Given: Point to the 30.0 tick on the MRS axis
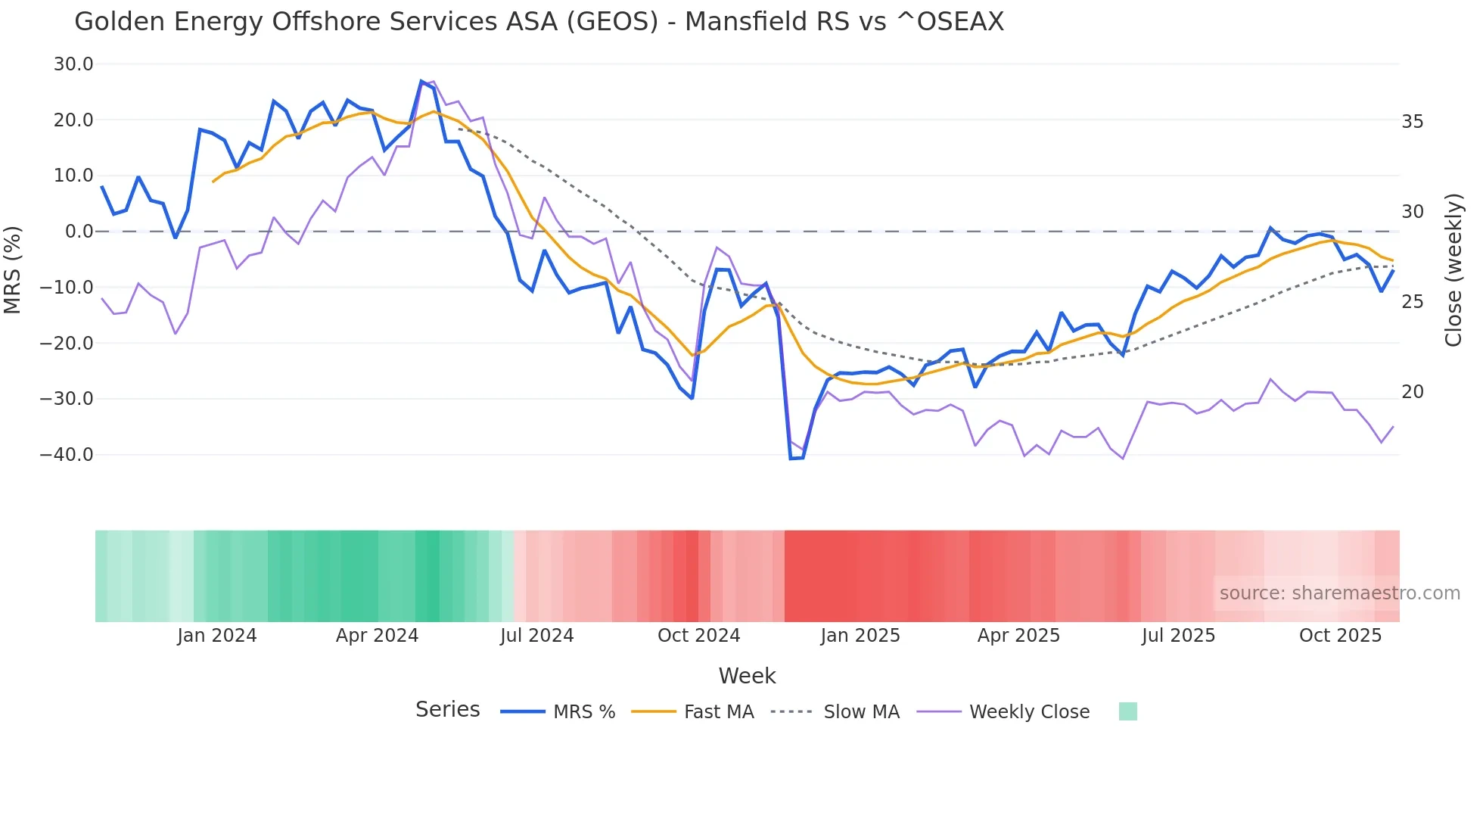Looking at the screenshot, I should click(x=73, y=64).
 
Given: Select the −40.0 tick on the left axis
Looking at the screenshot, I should click(x=67, y=455).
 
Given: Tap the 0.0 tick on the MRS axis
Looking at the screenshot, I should click(x=79, y=232).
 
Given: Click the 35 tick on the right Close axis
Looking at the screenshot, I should click(x=1412, y=122).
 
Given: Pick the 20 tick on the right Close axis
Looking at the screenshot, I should click(x=1412, y=392).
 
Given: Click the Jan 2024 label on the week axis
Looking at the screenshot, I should click(x=217, y=636).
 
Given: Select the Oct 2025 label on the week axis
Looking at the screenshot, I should click(x=1340, y=636).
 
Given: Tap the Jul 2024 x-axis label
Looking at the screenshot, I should click(x=536, y=636).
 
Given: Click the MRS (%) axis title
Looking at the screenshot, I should click(x=13, y=270).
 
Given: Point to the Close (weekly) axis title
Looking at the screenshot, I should click(x=1453, y=270).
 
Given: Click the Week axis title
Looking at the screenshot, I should click(x=747, y=676).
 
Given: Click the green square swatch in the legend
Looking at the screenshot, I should click(x=1127, y=711).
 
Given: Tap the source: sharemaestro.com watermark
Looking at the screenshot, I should click(x=1339, y=593).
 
